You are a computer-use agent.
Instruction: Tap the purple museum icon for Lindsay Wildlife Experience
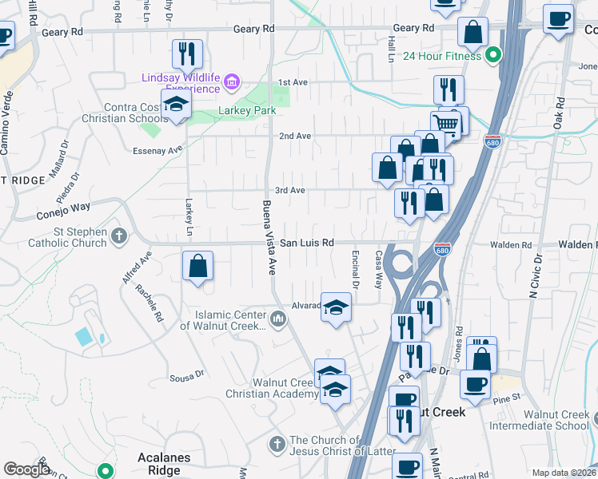(x=232, y=81)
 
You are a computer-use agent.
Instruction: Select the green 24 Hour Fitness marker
(x=493, y=56)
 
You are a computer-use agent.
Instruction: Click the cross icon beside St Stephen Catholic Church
(x=118, y=236)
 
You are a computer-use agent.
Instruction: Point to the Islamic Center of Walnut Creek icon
(x=277, y=319)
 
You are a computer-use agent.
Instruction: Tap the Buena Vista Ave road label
(x=269, y=238)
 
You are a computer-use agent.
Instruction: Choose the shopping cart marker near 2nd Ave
(x=446, y=123)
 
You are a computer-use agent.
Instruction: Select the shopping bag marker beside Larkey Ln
(x=197, y=266)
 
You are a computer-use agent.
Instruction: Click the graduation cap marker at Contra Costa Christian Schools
(x=176, y=104)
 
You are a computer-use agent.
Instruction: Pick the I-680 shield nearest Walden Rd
(x=442, y=250)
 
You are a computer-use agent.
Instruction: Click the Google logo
(x=26, y=469)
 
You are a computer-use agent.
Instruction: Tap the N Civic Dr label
(x=538, y=274)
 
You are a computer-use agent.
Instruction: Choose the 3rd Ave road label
(x=289, y=190)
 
